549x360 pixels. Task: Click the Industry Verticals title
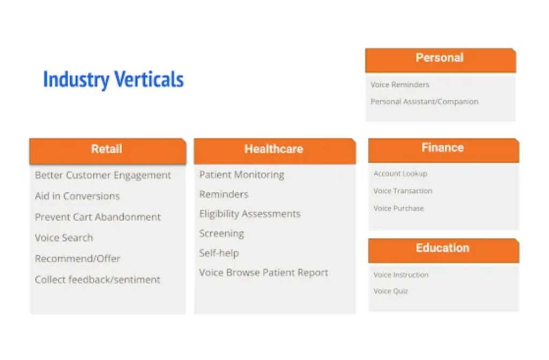point(114,80)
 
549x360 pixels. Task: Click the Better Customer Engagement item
point(103,175)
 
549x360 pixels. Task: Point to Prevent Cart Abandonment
point(98,217)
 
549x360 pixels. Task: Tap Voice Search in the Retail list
point(64,237)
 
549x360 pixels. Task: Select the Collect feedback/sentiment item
point(98,280)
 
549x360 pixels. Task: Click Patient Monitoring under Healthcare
point(242,175)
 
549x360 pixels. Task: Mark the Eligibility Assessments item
point(250,214)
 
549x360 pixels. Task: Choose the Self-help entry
point(219,253)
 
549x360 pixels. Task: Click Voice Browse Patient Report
point(264,273)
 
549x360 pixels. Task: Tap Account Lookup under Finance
point(400,174)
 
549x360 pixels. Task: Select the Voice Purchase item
point(398,208)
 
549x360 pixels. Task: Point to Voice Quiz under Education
point(391,291)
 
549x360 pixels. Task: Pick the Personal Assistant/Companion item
point(425,101)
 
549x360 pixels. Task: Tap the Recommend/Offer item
point(77,259)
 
